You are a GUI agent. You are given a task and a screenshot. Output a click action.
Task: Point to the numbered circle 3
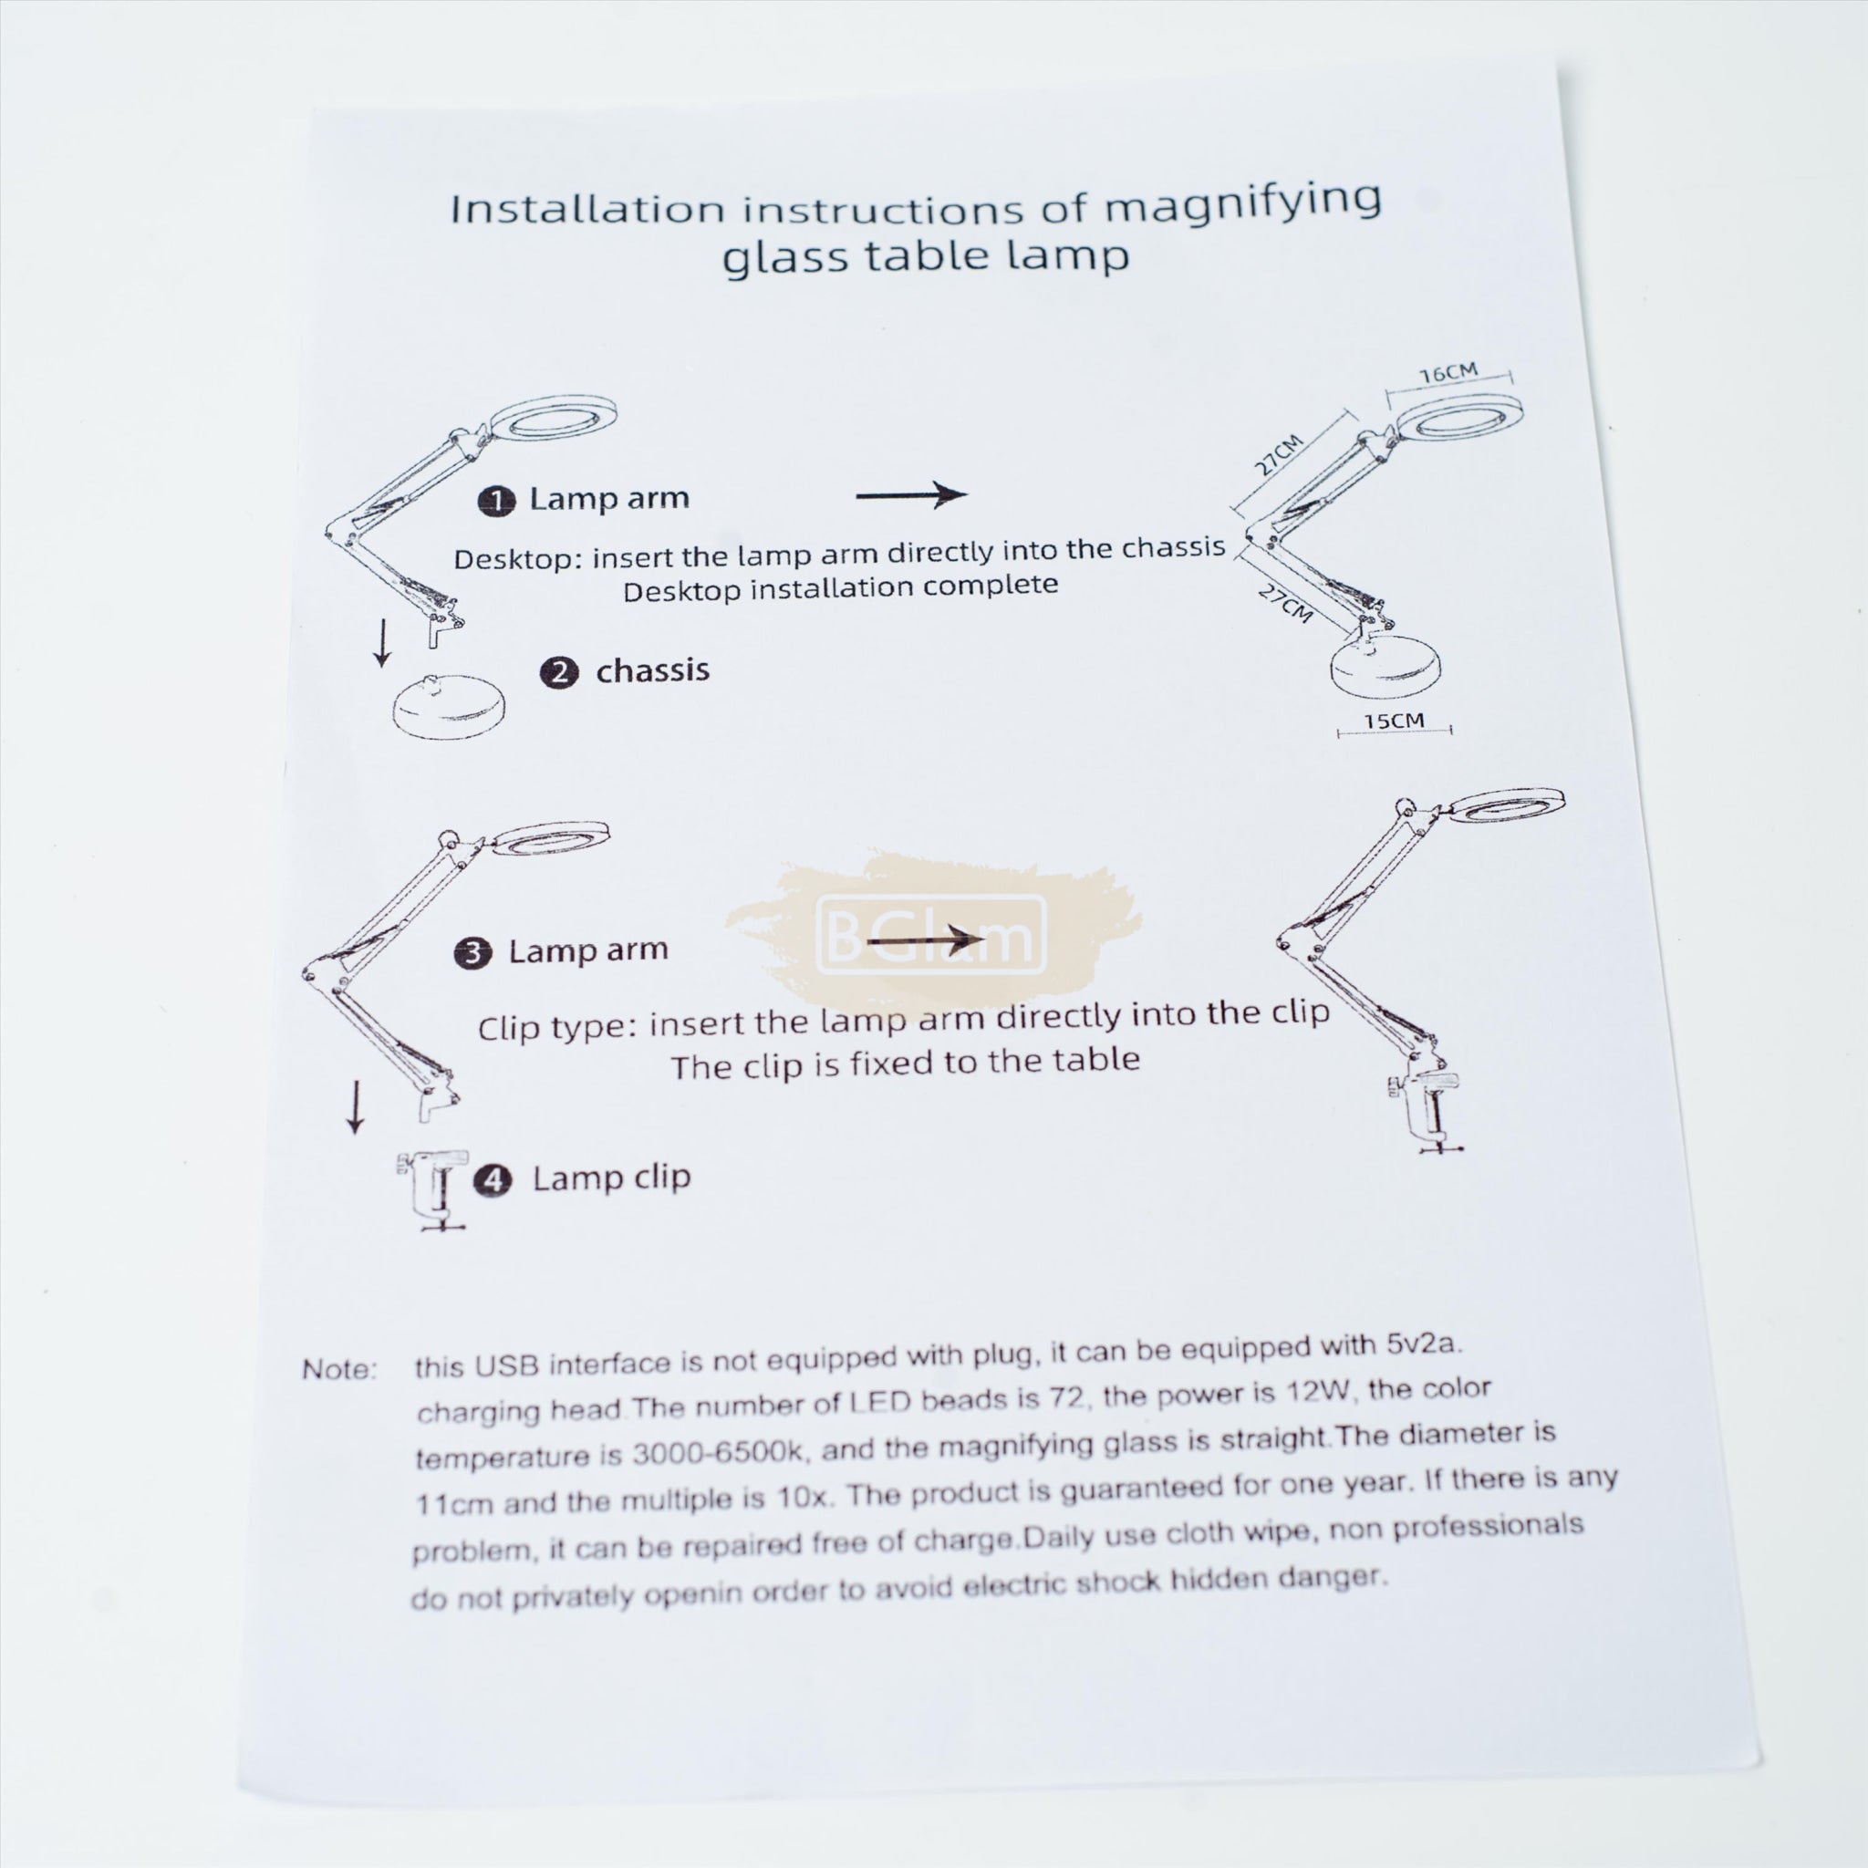pyautogui.click(x=473, y=953)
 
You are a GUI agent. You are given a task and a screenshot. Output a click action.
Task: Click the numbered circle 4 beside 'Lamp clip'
pyautogui.click(x=493, y=1181)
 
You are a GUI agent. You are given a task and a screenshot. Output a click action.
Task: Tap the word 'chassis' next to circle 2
pyautogui.click(x=653, y=670)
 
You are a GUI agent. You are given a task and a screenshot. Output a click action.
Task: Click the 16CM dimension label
pyautogui.click(x=1448, y=373)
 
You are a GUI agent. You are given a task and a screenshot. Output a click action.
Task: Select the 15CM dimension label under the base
pyautogui.click(x=1394, y=721)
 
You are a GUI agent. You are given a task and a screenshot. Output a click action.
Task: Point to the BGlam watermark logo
pyautogui.click(x=932, y=935)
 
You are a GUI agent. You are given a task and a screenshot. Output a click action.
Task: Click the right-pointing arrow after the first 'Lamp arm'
pyautogui.click(x=912, y=495)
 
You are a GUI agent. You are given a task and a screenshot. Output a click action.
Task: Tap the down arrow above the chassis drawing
pyautogui.click(x=383, y=643)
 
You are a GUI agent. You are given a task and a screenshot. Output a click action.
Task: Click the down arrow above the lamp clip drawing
pyautogui.click(x=356, y=1107)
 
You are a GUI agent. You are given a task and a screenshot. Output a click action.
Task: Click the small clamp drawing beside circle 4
pyautogui.click(x=432, y=1191)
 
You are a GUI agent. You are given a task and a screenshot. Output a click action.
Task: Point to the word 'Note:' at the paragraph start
pyautogui.click(x=339, y=1370)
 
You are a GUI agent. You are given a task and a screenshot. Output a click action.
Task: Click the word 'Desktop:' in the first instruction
pyautogui.click(x=518, y=560)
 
